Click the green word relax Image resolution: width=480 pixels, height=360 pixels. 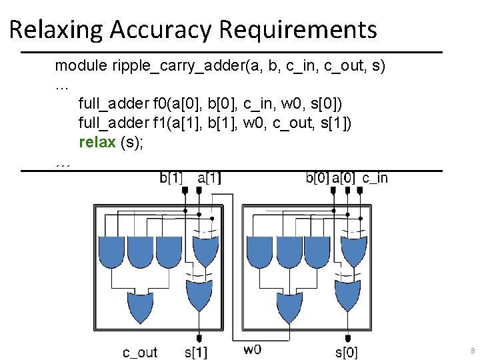point(97,142)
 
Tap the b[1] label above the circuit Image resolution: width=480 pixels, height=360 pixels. point(172,178)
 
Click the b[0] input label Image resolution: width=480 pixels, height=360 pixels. point(317,178)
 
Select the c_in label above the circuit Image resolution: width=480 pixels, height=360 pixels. point(375,178)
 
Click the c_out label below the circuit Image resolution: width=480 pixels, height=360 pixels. point(140,352)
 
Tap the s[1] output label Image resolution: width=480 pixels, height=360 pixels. point(195,352)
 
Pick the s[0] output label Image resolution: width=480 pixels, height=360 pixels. point(346,352)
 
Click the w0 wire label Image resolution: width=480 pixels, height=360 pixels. point(252,349)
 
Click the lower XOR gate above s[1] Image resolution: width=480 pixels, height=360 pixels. point(199,299)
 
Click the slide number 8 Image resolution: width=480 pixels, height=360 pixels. point(472,351)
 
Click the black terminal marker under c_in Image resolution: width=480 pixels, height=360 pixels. point(360,190)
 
